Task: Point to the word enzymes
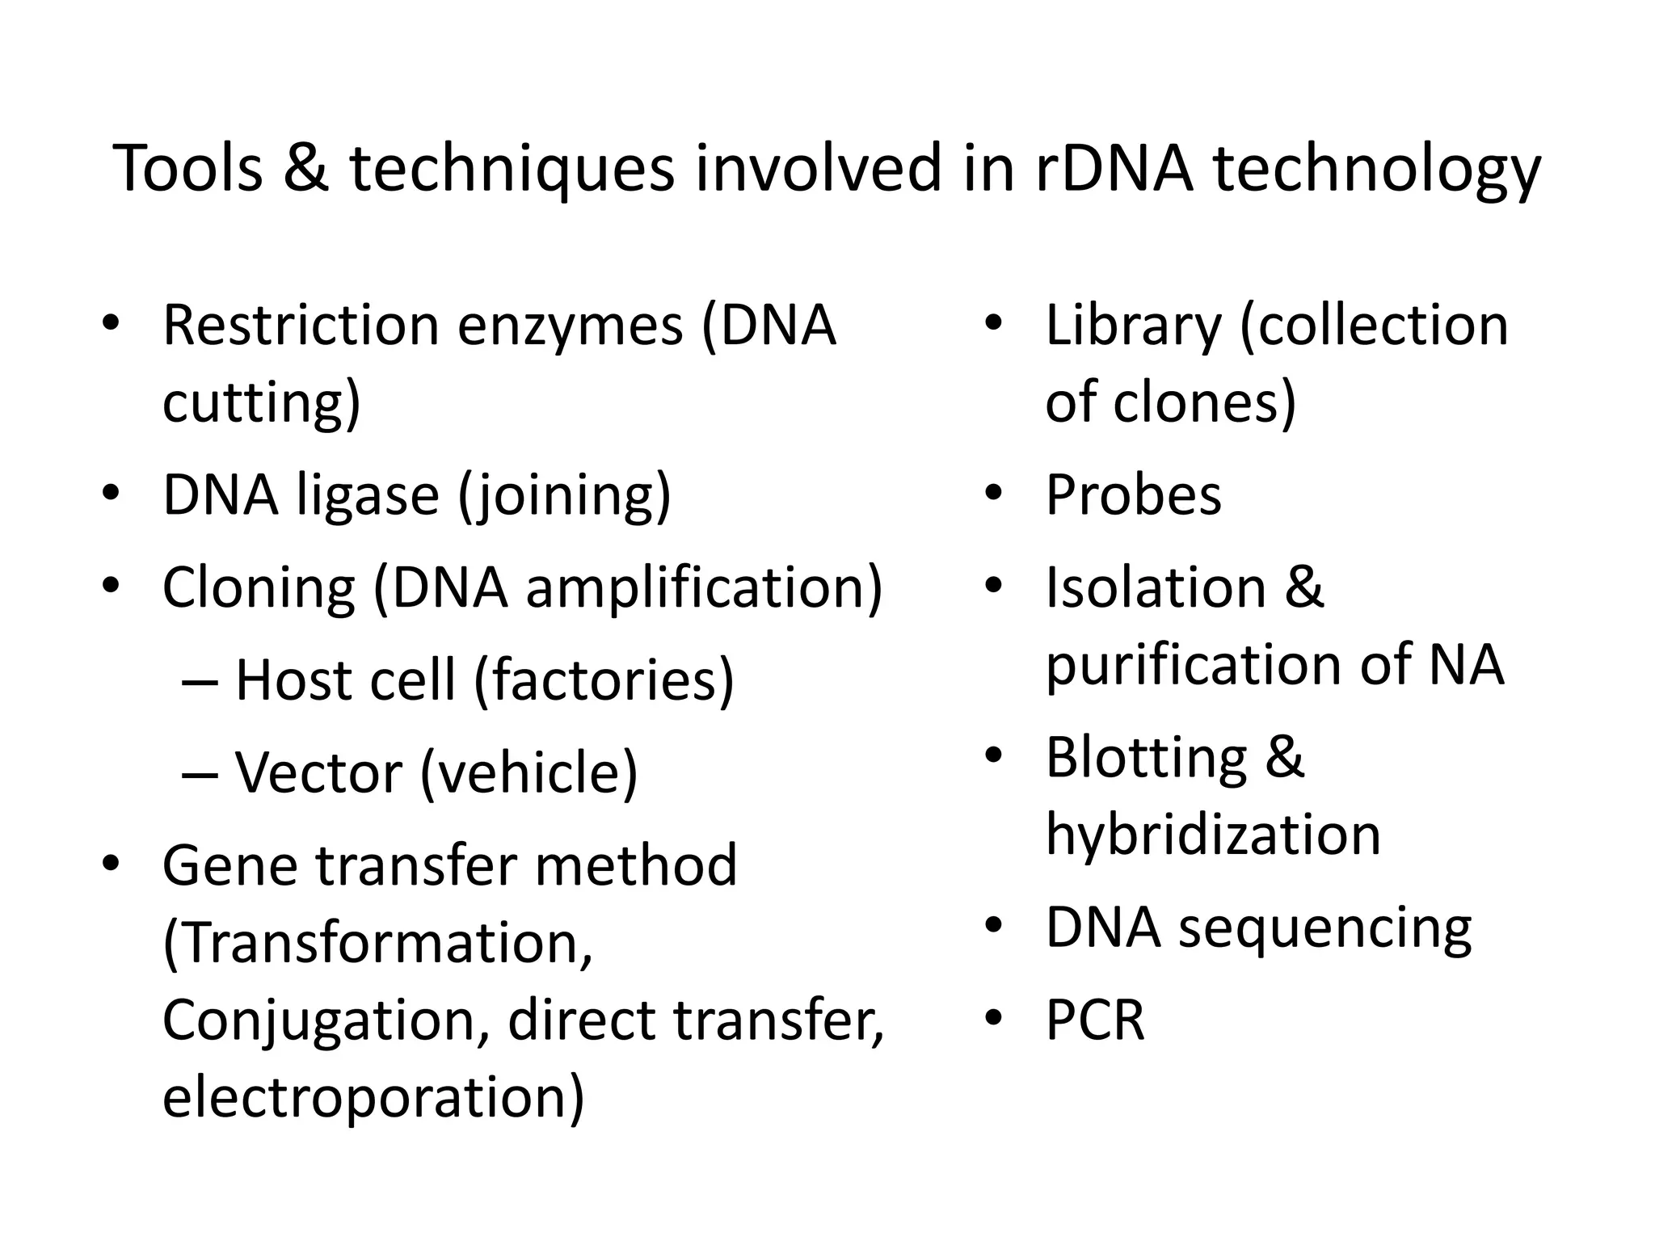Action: pyautogui.click(x=571, y=326)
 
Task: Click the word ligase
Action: pyautogui.click(x=368, y=496)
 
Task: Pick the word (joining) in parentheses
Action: pyautogui.click(x=564, y=496)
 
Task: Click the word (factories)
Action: pyautogui.click(x=604, y=680)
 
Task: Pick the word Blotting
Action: pyautogui.click(x=1146, y=758)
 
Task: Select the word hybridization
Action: pyautogui.click(x=1213, y=835)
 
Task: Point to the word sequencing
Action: pyautogui.click(x=1324, y=929)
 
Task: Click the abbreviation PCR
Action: pyautogui.click(x=1095, y=1020)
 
